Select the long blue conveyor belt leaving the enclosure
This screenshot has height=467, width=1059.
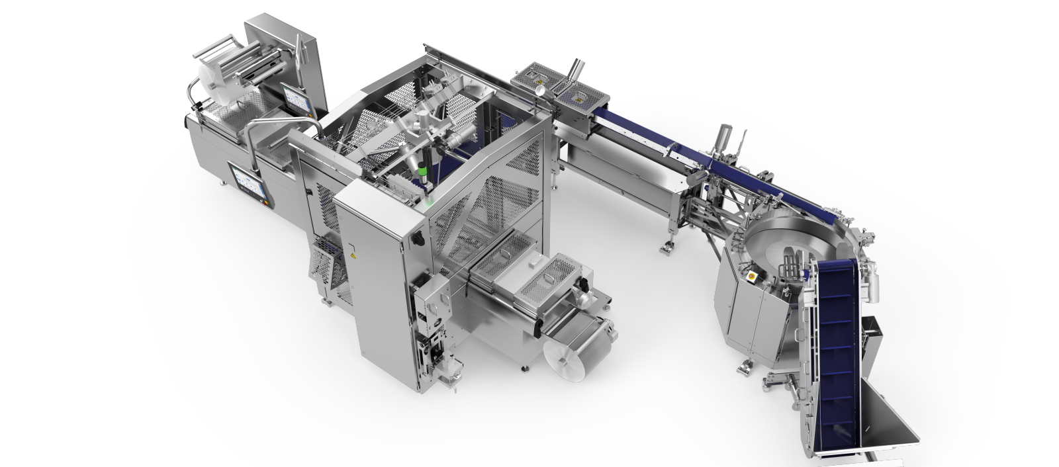pos(635,132)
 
